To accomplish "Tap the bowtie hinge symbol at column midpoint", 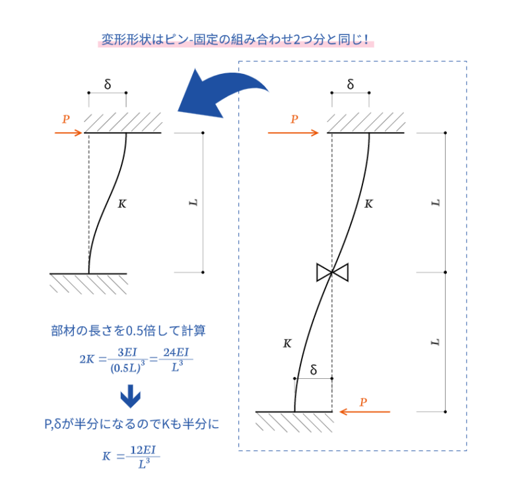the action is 333,273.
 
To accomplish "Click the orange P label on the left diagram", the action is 66,119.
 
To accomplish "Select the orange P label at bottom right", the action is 364,402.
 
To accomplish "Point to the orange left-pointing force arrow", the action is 364,411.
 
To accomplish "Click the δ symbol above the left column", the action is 108,84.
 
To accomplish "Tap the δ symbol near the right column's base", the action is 314,370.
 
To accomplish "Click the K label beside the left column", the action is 122,204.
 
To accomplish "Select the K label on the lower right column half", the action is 287,343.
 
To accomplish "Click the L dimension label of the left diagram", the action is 193,203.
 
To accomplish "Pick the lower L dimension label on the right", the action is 436,342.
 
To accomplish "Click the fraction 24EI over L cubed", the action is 176,359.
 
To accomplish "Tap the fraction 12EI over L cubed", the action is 143,457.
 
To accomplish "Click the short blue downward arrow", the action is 131,396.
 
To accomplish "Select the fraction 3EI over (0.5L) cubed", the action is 127,360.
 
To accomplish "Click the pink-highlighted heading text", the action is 236,40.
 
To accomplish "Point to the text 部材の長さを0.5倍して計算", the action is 128,331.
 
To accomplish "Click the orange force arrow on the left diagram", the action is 69,133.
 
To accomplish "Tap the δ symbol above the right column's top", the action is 351,84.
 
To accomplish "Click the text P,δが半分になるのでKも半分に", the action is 131,424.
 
